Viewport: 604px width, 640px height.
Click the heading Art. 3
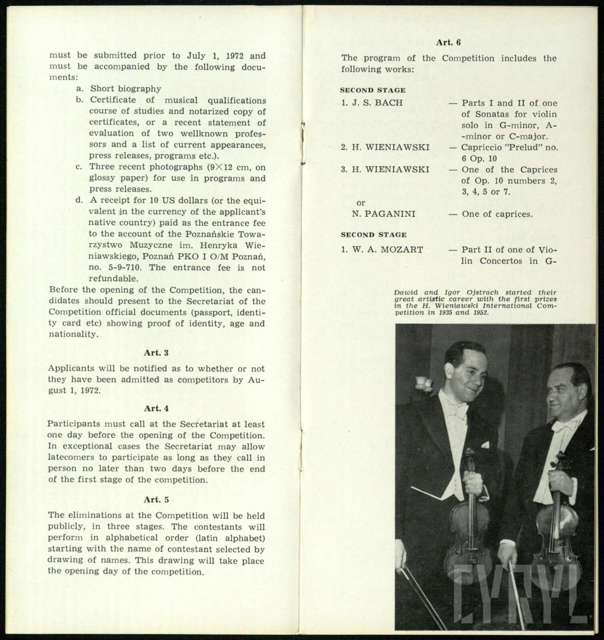pyautogui.click(x=156, y=353)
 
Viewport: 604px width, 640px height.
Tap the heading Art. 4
pyautogui.click(x=156, y=408)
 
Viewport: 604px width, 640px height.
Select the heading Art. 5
pyautogui.click(x=156, y=500)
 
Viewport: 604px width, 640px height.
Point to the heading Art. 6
pyautogui.click(x=448, y=42)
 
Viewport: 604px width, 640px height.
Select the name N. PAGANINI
pyautogui.click(x=384, y=214)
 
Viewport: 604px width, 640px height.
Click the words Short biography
pyautogui.click(x=126, y=89)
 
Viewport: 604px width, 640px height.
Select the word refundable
pyautogui.click(x=113, y=278)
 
